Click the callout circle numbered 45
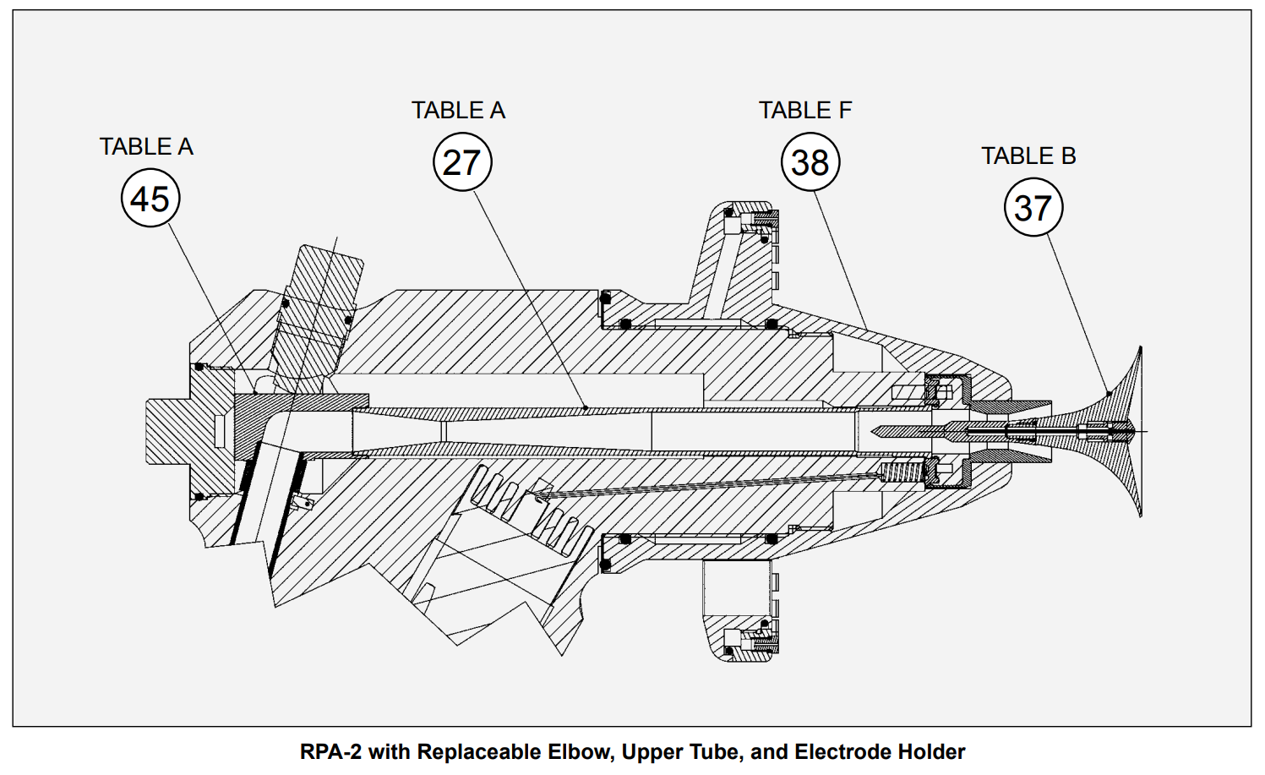tap(150, 199)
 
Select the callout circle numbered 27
tap(462, 162)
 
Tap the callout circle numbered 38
tap(810, 162)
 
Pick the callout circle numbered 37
tap(1033, 207)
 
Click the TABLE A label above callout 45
tap(146, 147)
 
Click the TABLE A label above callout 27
tap(458, 111)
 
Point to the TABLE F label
tap(804, 111)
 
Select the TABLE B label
tap(1028, 156)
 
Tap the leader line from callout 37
tap(1078, 313)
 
